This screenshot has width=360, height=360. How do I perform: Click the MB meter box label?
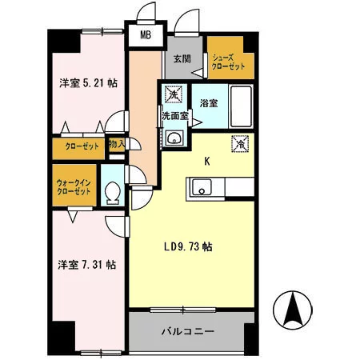click(x=146, y=35)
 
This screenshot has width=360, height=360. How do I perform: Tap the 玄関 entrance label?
click(x=182, y=58)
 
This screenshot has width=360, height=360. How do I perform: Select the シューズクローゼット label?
click(x=228, y=62)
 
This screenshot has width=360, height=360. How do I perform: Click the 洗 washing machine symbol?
click(x=174, y=94)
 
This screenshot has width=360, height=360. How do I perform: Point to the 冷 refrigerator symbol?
click(x=240, y=144)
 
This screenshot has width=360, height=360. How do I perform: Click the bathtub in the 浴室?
click(x=241, y=106)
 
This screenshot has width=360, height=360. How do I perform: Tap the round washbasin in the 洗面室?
click(x=174, y=138)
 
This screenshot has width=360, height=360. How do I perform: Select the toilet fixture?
click(x=113, y=194)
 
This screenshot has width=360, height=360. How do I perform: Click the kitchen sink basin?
click(x=202, y=187)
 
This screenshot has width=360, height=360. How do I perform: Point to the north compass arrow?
click(x=293, y=309)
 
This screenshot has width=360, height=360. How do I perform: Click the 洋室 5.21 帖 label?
click(x=88, y=83)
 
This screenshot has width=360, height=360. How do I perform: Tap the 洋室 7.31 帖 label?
click(x=87, y=265)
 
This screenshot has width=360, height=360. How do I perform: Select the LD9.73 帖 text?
click(x=188, y=246)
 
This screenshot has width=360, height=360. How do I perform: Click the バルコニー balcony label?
click(x=188, y=331)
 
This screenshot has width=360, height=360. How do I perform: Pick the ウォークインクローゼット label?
click(x=74, y=187)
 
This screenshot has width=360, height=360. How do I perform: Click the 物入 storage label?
click(x=117, y=144)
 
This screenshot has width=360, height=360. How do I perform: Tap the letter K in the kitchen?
click(x=206, y=162)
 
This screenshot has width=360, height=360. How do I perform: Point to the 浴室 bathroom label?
click(x=209, y=103)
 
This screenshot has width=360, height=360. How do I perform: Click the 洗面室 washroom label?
click(x=175, y=116)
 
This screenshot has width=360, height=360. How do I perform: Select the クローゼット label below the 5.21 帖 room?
click(x=82, y=146)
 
